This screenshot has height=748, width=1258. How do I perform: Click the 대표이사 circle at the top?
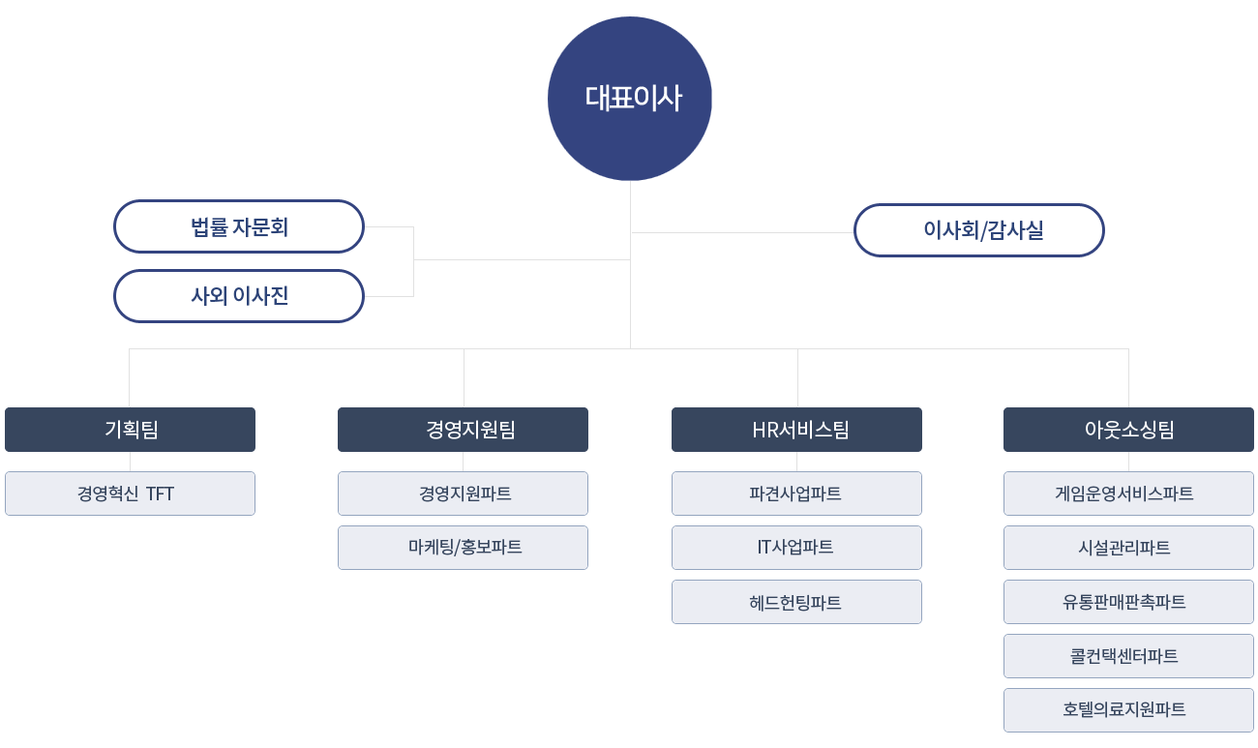(630, 99)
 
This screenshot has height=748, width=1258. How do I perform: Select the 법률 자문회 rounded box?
(239, 226)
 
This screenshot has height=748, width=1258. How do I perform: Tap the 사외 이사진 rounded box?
(239, 296)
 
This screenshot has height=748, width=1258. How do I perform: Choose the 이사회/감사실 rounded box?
(979, 230)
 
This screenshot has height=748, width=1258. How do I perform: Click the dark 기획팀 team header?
(131, 430)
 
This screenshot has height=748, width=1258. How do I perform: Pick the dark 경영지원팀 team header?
(463, 430)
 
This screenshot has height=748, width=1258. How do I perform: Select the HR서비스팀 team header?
(797, 430)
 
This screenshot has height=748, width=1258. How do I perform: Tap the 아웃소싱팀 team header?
(1129, 430)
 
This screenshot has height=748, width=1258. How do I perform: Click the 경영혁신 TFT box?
(131, 494)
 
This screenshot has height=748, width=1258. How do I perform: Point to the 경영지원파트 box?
(463, 494)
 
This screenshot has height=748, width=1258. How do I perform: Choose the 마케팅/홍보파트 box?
(463, 548)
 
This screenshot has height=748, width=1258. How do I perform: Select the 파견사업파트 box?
(797, 494)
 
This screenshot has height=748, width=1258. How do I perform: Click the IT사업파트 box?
(797, 548)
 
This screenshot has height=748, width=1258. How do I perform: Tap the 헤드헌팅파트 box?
(797, 602)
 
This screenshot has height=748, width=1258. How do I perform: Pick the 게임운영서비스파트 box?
(1129, 494)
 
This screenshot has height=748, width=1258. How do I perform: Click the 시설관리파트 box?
(1129, 548)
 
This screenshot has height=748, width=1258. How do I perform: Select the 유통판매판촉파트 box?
(1129, 602)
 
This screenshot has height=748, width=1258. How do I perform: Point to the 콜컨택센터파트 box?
(1129, 656)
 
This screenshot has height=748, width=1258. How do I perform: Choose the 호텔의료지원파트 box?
(1129, 710)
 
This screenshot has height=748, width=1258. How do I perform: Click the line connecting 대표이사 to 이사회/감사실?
(742, 232)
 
